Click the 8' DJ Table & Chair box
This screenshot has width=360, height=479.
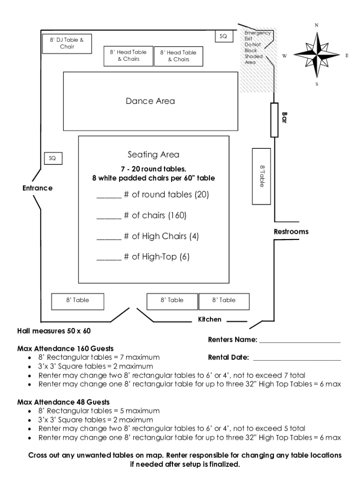pos(67,44)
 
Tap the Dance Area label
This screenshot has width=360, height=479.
pos(150,101)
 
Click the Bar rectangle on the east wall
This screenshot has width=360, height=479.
pos(274,120)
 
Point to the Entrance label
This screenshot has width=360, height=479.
pos(37,188)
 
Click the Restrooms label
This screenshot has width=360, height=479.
pos(291,232)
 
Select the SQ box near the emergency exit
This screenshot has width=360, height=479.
pos(223,36)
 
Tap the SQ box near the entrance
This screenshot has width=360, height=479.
pos(52,159)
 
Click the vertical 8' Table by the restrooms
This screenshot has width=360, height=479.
pos(262,176)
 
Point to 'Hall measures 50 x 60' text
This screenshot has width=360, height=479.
pos(54,331)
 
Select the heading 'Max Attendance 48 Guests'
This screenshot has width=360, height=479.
pos(63,402)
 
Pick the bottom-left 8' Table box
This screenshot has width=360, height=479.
pos(77,300)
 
